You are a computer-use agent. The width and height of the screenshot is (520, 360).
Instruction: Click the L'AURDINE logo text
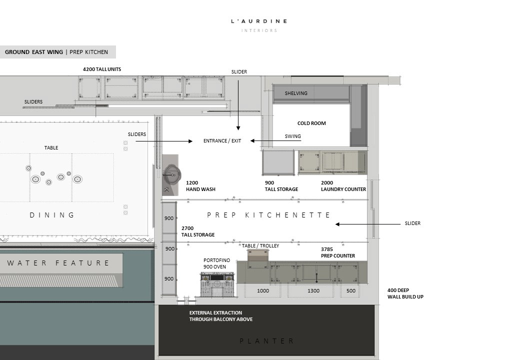pyautogui.click(x=259, y=21)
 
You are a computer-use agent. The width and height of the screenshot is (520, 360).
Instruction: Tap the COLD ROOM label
pyautogui.click(x=311, y=123)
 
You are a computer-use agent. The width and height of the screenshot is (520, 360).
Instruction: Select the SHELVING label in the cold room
pyautogui.click(x=296, y=93)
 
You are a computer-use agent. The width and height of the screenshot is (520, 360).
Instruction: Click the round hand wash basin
pyautogui.click(x=172, y=174)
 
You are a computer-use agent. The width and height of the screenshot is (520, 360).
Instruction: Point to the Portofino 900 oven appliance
pyautogui.click(x=217, y=284)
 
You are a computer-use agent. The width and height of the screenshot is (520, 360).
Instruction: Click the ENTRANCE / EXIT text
pyautogui.click(x=222, y=141)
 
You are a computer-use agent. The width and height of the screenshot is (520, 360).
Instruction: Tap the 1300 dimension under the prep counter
pyautogui.click(x=313, y=290)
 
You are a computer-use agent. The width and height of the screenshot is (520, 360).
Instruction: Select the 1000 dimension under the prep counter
pyautogui.click(x=263, y=290)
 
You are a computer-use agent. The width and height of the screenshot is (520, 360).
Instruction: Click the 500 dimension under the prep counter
pyautogui.click(x=351, y=290)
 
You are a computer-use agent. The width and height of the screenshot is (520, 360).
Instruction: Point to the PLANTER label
pyautogui.click(x=266, y=341)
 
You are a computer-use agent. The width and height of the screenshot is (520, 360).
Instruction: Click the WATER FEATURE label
pyautogui.click(x=58, y=263)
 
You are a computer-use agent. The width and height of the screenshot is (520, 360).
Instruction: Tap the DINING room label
pyautogui.click(x=52, y=215)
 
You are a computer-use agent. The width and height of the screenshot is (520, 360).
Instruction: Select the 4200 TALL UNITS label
pyautogui.click(x=102, y=69)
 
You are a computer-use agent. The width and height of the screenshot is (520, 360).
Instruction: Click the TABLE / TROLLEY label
pyautogui.click(x=260, y=246)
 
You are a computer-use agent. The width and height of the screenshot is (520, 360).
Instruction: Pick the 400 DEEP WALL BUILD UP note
pyautogui.click(x=405, y=293)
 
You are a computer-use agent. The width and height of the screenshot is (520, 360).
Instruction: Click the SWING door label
pyautogui.click(x=293, y=136)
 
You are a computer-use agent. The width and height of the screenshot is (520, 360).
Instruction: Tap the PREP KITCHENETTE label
pyautogui.click(x=268, y=215)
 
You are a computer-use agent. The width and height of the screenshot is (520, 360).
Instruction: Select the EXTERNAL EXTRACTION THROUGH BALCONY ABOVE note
pyautogui.click(x=221, y=316)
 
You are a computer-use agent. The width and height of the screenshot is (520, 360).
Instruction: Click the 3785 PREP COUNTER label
pyautogui.click(x=337, y=252)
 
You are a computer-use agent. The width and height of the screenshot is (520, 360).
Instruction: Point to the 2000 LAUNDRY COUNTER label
pyautogui.click(x=343, y=186)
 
